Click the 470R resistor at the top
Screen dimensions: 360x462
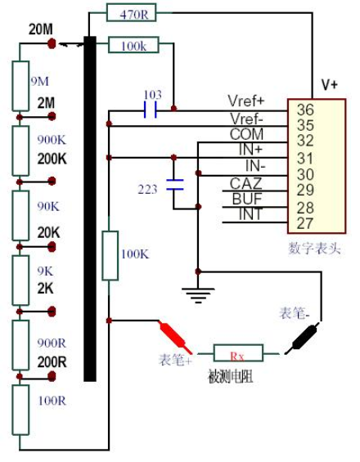coord(131,12)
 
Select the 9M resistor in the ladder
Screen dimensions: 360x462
coord(20,86)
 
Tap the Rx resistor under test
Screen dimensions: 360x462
coord(238,352)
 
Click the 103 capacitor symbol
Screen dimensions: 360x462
coord(151,110)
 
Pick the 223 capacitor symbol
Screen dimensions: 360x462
coord(175,185)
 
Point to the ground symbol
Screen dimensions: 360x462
coord(198,295)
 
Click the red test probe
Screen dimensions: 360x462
coord(176,338)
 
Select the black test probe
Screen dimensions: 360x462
coord(303,338)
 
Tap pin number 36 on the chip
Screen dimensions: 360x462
coord(305,110)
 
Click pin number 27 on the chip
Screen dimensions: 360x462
coord(305,223)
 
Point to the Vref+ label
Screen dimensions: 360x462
coord(246,101)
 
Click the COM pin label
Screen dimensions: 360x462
coord(246,134)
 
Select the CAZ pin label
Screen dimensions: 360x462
coord(245,183)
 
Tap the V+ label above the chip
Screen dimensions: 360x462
coord(330,85)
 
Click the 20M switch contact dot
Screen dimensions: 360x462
coord(52,43)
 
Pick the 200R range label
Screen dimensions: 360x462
coord(52,361)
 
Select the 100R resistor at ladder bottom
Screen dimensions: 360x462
coord(20,410)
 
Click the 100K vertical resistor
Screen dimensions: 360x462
coord(110,255)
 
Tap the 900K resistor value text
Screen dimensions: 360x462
coord(52,140)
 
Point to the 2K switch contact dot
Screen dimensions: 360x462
coord(52,312)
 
